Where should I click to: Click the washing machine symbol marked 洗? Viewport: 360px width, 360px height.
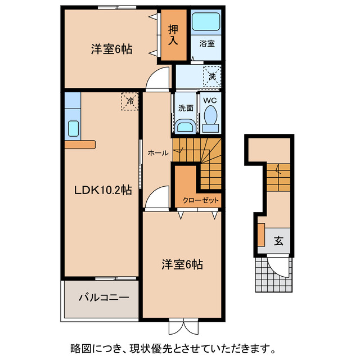point(212,75)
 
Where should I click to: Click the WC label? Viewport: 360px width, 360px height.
point(210,101)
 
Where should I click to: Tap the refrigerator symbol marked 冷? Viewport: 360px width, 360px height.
point(129,102)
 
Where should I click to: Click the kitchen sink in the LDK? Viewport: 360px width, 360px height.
point(73,129)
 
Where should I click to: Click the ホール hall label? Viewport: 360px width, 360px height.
point(156,152)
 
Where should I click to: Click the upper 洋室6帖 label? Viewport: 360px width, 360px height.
point(111,49)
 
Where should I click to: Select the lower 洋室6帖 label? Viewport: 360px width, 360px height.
point(182,264)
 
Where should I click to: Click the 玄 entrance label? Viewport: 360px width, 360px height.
point(278,241)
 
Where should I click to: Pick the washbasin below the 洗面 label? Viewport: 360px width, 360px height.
point(185,125)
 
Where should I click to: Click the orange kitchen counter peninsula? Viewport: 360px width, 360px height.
point(80,145)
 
